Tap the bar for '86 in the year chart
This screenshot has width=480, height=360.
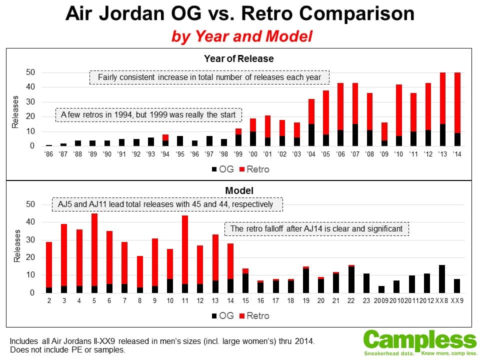(x=49, y=145)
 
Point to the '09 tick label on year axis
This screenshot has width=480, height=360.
(x=384, y=154)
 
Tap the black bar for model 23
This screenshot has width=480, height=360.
(x=366, y=283)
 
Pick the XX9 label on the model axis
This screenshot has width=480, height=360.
(x=456, y=300)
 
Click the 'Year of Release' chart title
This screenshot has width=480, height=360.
(x=238, y=58)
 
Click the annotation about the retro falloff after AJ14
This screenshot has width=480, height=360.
(x=316, y=229)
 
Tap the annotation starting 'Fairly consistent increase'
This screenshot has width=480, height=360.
(x=209, y=77)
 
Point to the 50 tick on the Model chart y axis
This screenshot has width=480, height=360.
(x=30, y=204)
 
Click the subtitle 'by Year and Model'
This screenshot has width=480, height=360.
(x=242, y=36)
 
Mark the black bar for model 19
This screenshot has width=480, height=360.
(x=305, y=280)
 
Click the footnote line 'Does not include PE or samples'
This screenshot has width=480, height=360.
(x=67, y=350)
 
